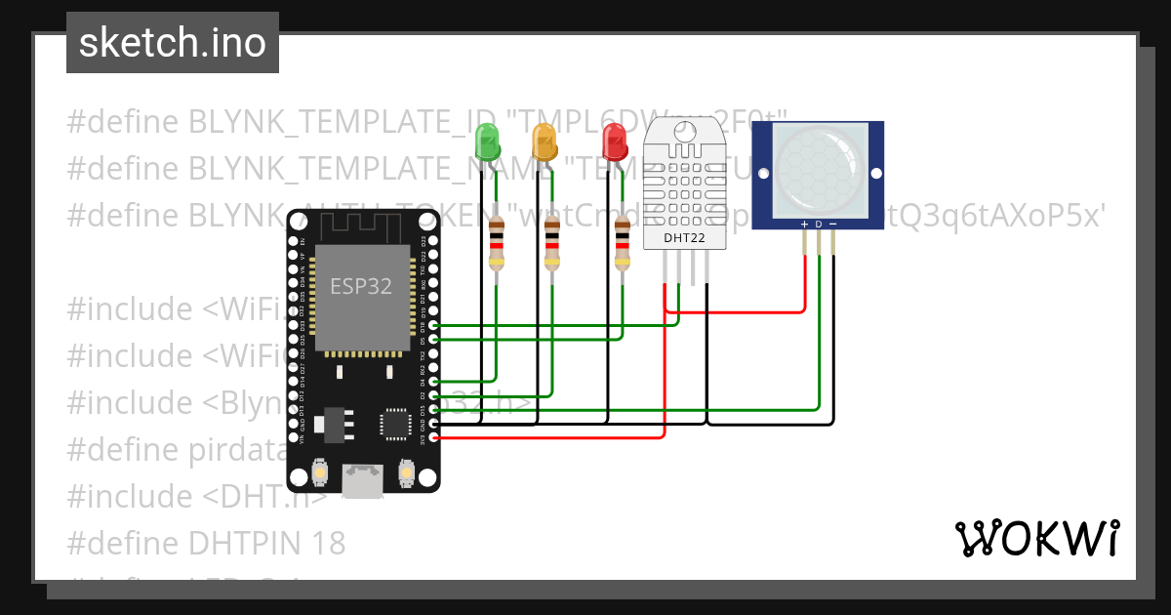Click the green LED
[x=486, y=143]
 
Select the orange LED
[x=544, y=143]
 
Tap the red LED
[x=614, y=143]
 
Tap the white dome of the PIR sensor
[x=819, y=168]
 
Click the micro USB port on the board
[x=363, y=480]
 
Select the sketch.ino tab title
[x=173, y=43]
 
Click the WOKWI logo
[x=1036, y=538]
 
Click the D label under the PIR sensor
[x=819, y=225]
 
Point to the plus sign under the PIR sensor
[x=804, y=225]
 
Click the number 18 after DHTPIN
[x=327, y=543]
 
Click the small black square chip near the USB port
[x=395, y=424]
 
